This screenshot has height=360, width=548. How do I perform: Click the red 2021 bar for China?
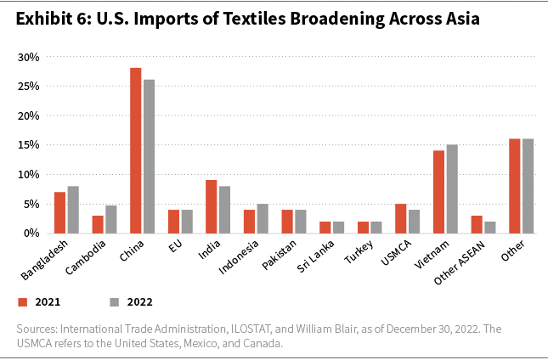click(x=136, y=150)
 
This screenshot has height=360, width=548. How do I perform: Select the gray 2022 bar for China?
click(x=149, y=156)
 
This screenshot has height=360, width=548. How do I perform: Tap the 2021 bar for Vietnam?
click(x=439, y=191)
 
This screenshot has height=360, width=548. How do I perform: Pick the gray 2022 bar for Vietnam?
click(x=452, y=188)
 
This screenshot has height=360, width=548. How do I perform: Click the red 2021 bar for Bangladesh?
click(x=59, y=212)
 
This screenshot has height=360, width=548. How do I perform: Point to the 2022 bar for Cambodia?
click(x=110, y=219)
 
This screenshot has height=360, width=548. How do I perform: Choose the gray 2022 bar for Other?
click(x=528, y=185)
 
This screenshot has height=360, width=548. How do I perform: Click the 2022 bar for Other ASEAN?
click(x=490, y=227)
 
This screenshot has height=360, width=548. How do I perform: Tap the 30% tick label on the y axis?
click(x=28, y=57)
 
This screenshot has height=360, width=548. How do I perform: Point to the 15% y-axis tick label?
click(x=28, y=145)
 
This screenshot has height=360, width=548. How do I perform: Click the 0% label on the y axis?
click(x=31, y=233)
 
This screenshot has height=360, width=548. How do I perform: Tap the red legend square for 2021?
click(x=24, y=301)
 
